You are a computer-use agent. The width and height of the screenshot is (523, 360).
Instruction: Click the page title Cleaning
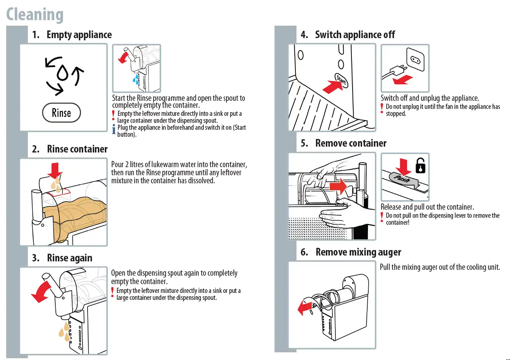pos(35,15)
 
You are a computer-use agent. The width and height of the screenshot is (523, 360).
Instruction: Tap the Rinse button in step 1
pos(61,113)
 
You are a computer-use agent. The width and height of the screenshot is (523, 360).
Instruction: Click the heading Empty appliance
pos(79,35)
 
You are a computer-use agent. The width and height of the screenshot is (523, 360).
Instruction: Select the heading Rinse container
pos(77,149)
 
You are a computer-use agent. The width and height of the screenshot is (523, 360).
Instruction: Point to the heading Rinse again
pos(69,258)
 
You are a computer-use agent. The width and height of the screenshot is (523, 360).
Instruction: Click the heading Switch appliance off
pos(355,35)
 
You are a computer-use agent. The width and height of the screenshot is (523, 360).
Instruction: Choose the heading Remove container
pos(351,143)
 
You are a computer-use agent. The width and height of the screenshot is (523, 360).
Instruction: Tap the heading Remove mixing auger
pos(358,252)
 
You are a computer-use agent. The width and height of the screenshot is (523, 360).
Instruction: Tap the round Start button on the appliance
pos(341,80)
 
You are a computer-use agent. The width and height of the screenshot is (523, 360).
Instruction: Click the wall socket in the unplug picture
pos(416,59)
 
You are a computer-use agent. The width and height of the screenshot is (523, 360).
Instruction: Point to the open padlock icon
pos(420,166)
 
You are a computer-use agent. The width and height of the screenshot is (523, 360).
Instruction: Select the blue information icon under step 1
pos(114,129)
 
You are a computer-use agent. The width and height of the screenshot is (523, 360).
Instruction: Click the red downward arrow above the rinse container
pos(55,170)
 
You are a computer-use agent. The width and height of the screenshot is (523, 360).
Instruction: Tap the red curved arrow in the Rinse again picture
pos(41,292)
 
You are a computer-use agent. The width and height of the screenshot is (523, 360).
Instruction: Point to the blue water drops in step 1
pos(136,79)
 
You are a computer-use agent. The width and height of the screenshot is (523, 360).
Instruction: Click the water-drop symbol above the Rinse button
pos(63,73)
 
